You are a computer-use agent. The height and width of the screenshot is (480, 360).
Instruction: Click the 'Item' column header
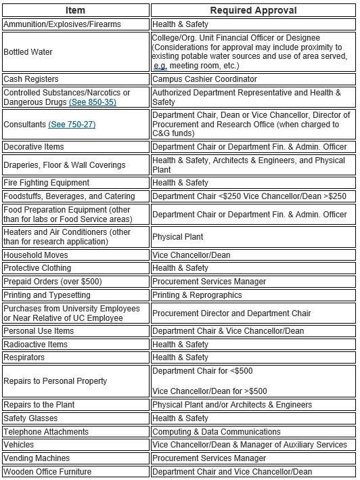click(75, 10)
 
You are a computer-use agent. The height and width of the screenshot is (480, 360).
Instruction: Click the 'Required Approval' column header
click(253, 10)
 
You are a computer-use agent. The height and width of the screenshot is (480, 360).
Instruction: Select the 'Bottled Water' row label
click(28, 51)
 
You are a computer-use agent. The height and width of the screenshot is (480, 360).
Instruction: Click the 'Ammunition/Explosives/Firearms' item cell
click(62, 24)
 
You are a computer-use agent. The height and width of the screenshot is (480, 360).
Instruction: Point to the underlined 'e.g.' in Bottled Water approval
click(160, 66)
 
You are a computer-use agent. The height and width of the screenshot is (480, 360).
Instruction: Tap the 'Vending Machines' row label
click(37, 458)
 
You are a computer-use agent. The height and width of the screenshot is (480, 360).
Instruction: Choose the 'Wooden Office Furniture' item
click(47, 472)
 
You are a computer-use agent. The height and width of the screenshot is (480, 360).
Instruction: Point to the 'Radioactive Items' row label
click(36, 345)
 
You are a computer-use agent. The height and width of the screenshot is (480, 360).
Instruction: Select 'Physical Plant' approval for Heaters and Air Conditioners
click(177, 237)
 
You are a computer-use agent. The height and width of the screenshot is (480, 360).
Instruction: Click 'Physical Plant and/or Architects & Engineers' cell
click(232, 404)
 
